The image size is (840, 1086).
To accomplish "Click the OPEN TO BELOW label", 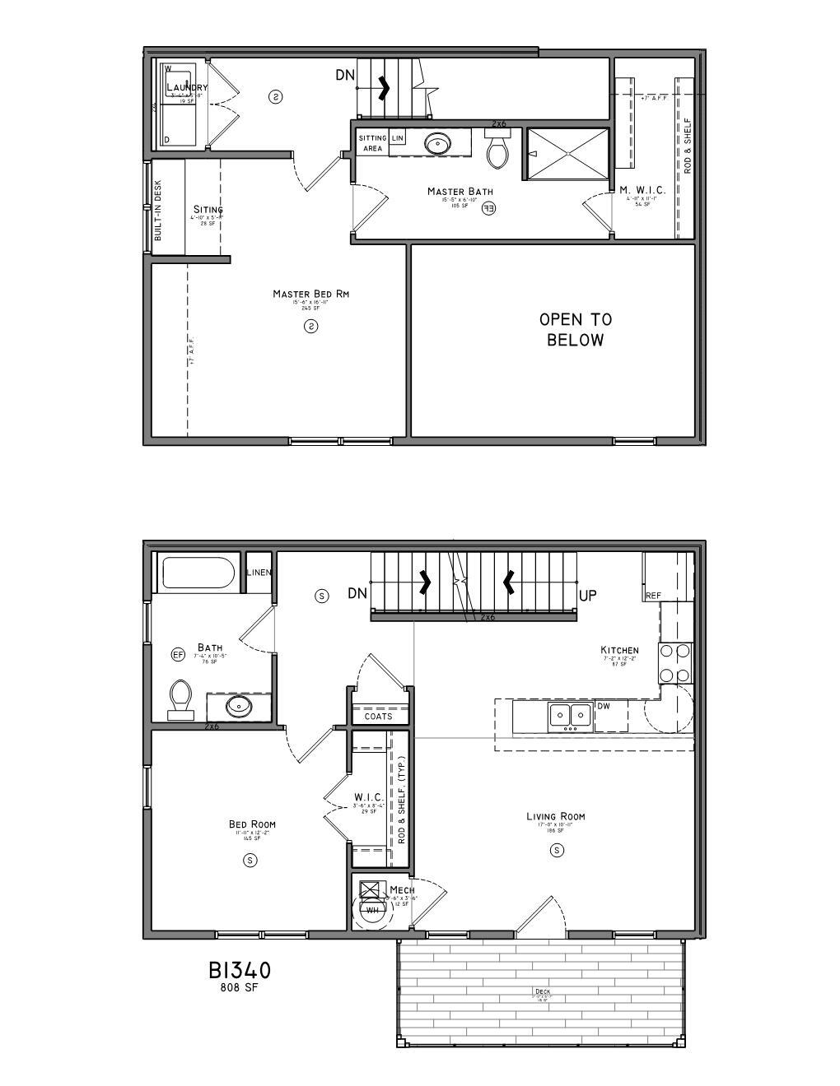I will point(575,329).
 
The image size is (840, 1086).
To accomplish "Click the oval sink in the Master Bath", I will point(437,145).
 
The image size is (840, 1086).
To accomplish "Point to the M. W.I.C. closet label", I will point(642,190).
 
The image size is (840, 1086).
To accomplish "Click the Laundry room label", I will point(187,87).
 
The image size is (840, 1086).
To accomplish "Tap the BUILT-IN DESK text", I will point(158,211).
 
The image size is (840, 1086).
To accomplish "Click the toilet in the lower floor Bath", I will point(181,698).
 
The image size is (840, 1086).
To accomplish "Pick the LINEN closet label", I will point(259,573).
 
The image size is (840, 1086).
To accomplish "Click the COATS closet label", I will point(379,717).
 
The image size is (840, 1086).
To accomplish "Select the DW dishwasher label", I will point(604,706).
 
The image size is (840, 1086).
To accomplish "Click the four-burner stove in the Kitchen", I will point(674,663).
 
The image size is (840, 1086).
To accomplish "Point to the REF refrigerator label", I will point(653,596).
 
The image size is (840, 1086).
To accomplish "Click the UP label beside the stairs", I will point(587,595).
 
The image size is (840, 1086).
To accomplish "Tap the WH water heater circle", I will point(372,910).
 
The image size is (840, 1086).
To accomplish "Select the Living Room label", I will point(556,816).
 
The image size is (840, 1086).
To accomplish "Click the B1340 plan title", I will point(239,971).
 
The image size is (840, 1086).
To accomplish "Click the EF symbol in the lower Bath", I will point(178,655).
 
